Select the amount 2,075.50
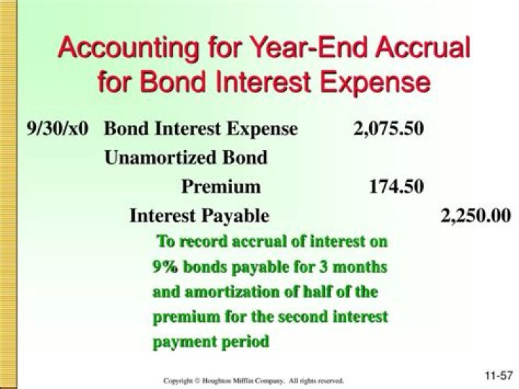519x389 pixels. [389, 129]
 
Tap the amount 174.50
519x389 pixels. [396, 186]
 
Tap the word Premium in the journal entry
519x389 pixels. [221, 186]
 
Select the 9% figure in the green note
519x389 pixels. [164, 267]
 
